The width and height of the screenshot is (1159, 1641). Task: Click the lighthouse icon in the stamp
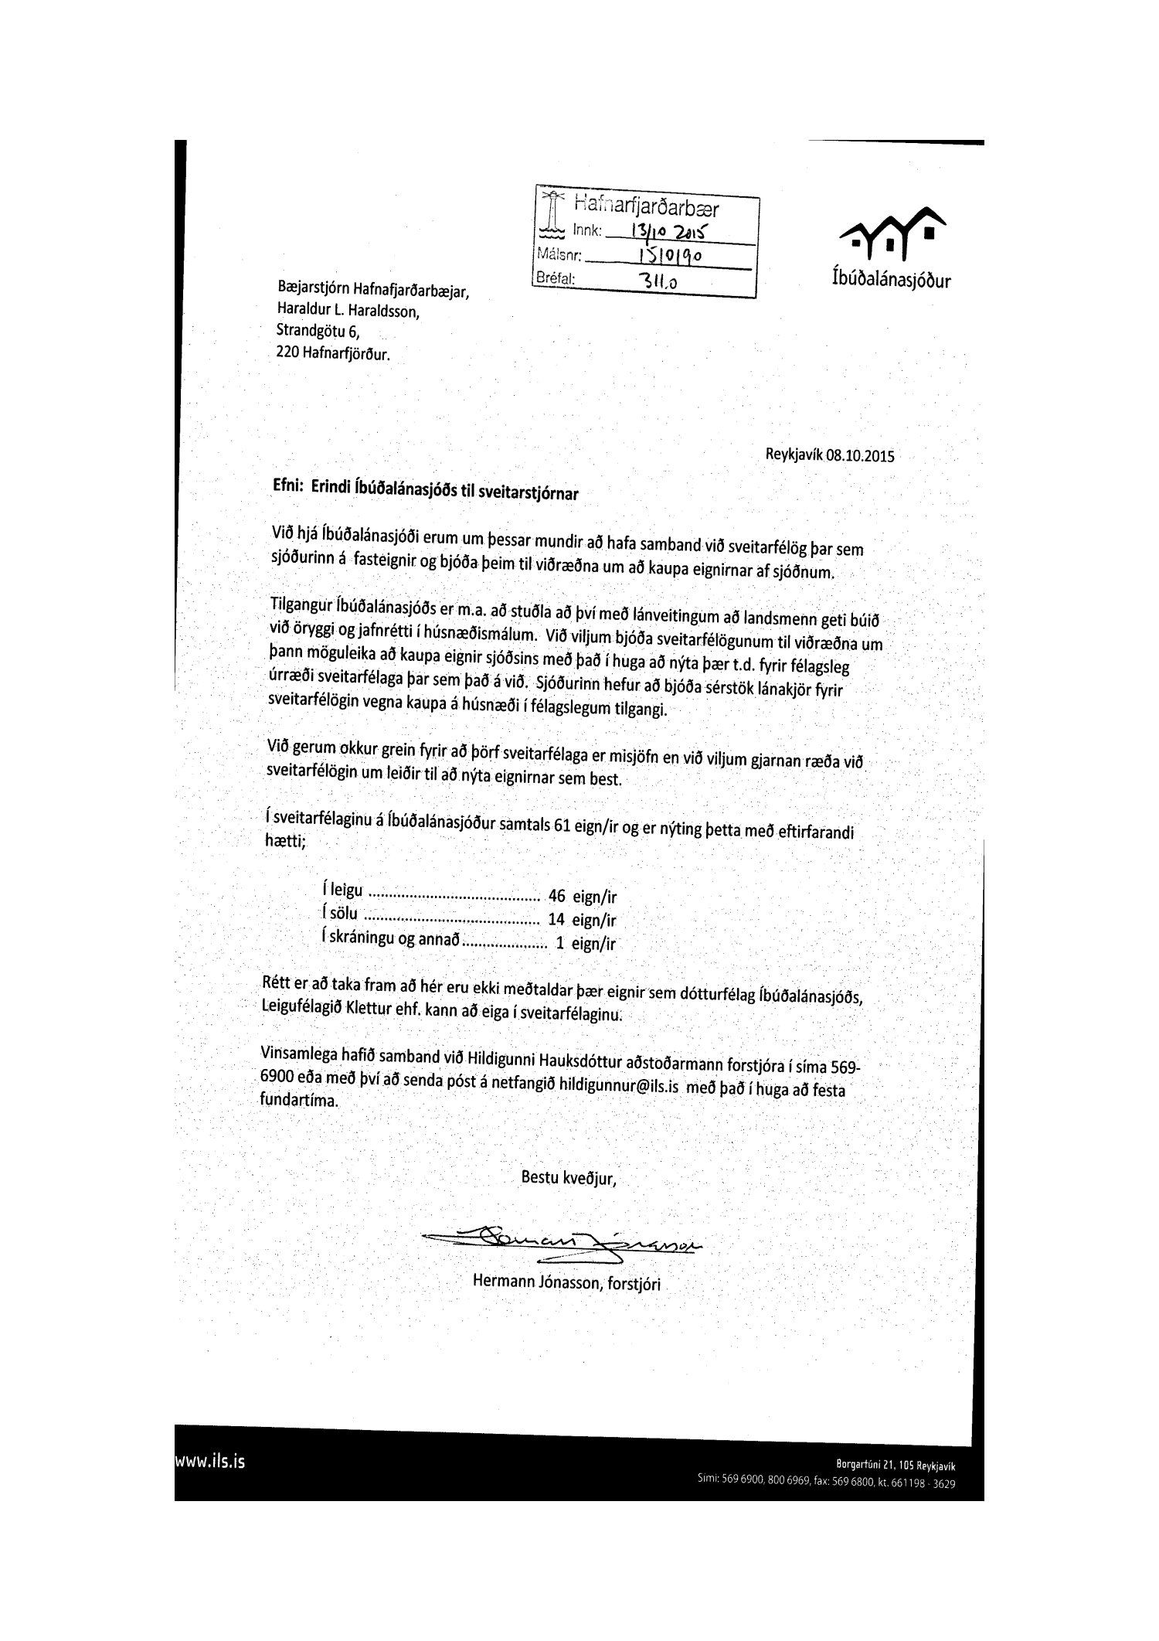click(552, 213)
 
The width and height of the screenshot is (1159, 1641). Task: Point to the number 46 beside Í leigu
click(556, 897)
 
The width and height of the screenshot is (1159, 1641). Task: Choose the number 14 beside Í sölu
click(556, 921)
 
